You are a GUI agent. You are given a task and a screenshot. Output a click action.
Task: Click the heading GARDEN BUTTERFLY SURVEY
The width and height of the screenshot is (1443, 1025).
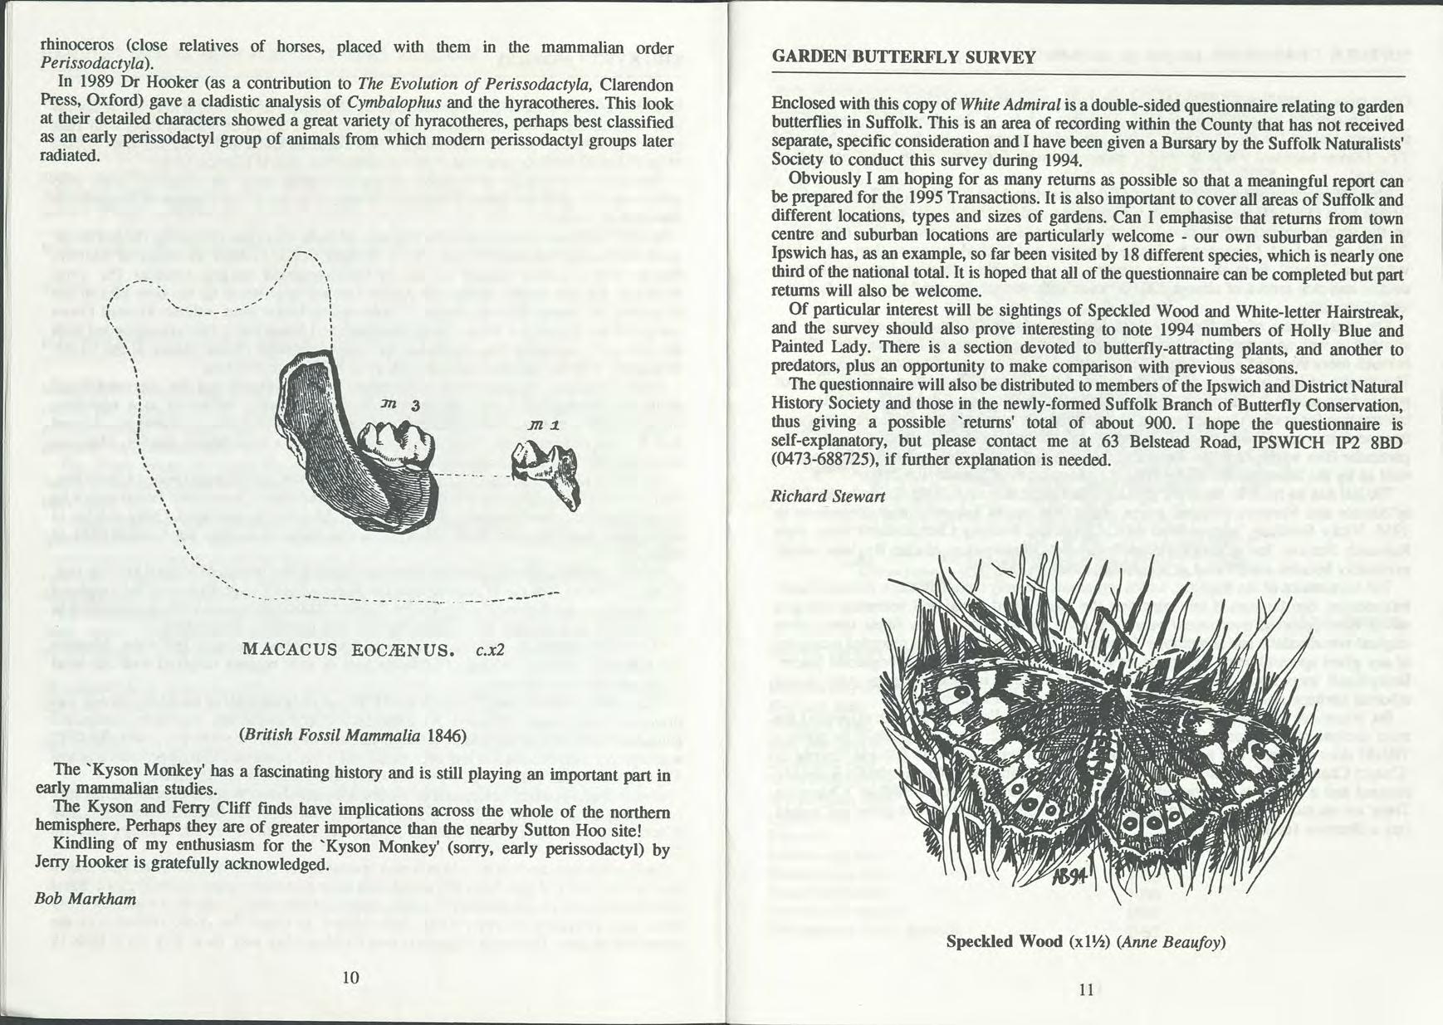(903, 57)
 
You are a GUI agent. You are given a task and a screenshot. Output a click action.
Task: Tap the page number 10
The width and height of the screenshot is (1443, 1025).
(350, 977)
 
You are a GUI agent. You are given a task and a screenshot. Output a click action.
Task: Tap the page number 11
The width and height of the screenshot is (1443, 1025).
(1085, 989)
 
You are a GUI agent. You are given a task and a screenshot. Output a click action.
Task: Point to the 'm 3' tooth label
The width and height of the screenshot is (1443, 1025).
(404, 403)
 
